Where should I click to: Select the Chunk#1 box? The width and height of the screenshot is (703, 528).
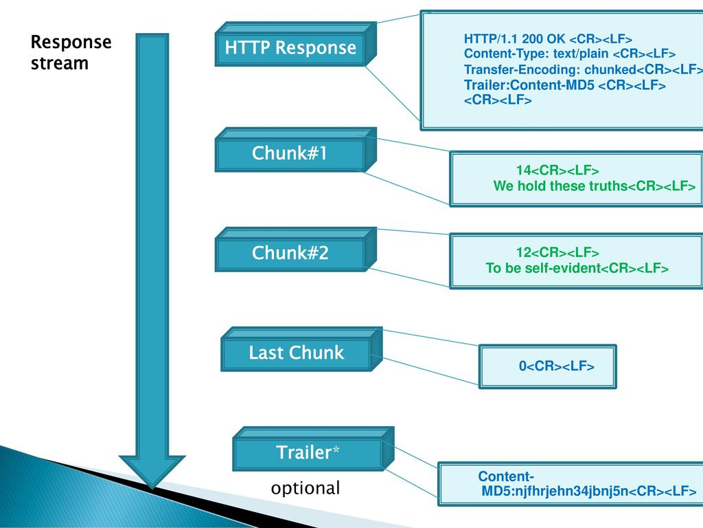point(289,154)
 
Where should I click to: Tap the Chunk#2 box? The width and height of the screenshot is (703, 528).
point(290,254)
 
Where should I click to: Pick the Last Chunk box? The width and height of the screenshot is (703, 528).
point(296,353)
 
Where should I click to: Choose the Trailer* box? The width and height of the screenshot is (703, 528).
point(307,453)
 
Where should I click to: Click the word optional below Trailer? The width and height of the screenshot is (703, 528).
point(306,489)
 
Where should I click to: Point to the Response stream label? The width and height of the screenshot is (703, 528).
point(71,53)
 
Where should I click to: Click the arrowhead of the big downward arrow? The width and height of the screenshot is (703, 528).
point(152,475)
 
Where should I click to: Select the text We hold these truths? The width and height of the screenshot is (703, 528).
point(560,186)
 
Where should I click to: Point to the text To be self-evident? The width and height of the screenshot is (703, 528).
point(543,268)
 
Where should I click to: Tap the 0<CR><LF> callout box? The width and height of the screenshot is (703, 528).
point(547,366)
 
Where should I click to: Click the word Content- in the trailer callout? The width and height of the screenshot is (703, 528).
point(507,476)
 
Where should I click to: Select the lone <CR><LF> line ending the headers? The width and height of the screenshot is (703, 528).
point(498,100)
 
